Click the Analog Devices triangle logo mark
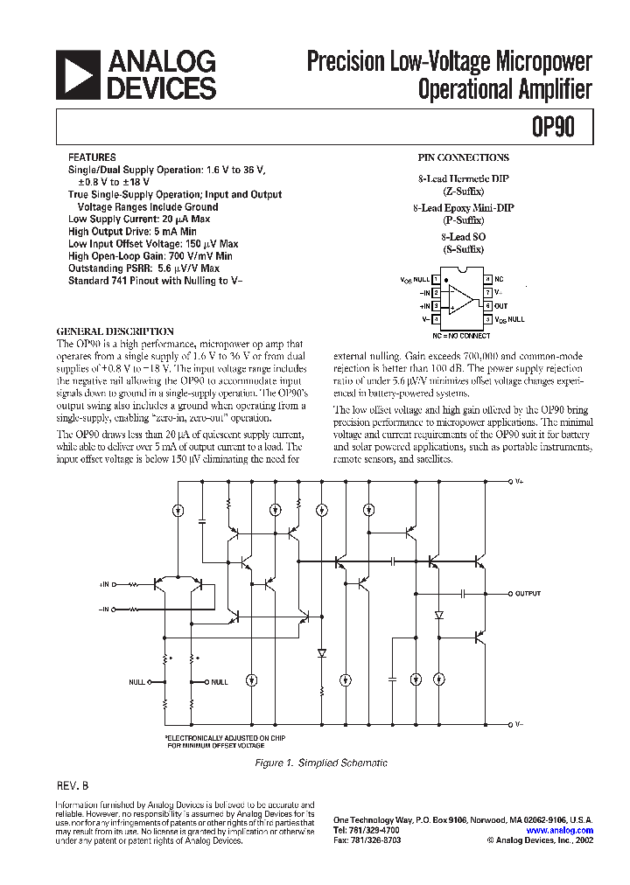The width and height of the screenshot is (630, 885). pyautogui.click(x=78, y=74)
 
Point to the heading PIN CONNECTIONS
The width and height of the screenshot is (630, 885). pyautogui.click(x=464, y=158)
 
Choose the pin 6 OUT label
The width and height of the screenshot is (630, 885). pyautogui.click(x=500, y=306)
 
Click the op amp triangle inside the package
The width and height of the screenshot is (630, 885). pyautogui.click(x=459, y=299)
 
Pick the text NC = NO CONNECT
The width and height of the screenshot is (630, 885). pyautogui.click(x=461, y=335)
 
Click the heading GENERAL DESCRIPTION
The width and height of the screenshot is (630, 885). pyautogui.click(x=115, y=332)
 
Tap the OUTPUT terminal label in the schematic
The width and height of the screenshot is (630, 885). pyautogui.click(x=528, y=594)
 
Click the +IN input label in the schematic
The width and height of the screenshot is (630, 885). pyautogui.click(x=105, y=583)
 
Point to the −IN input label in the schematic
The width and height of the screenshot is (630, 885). pyautogui.click(x=105, y=608)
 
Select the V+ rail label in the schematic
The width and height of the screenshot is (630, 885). pyautogui.click(x=519, y=482)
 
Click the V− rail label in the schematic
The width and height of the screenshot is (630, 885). pyautogui.click(x=519, y=725)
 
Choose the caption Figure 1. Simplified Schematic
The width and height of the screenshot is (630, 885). pyautogui.click(x=320, y=763)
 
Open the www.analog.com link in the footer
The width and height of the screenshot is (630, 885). pyautogui.click(x=560, y=831)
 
